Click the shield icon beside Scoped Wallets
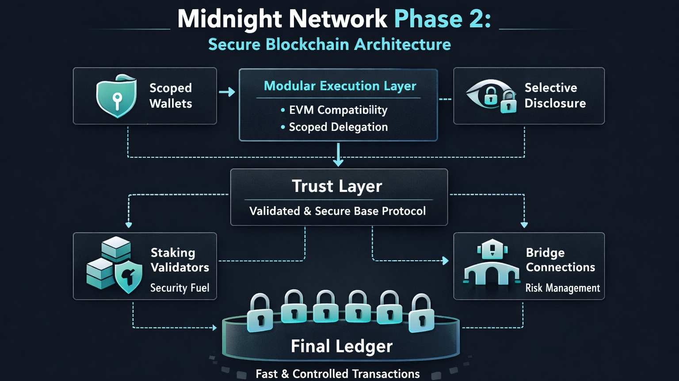pos(116,96)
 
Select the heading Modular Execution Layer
pos(340,86)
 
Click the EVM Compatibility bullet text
pos(338,110)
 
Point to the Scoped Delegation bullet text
pos(338,127)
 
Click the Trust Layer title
pos(337,186)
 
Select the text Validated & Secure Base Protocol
pos(337,211)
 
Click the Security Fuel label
pos(179,288)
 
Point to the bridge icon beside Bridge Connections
pos(492,263)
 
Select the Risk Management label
pos(562,288)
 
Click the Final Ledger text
pos(341,346)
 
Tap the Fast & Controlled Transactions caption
pos(337,374)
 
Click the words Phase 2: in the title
pos(442,19)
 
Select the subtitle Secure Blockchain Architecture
pos(329,45)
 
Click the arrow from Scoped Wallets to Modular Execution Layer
pos(227,92)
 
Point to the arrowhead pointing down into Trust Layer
pos(338,163)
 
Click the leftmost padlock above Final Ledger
pos(259,313)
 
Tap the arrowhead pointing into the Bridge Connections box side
pos(446,261)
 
